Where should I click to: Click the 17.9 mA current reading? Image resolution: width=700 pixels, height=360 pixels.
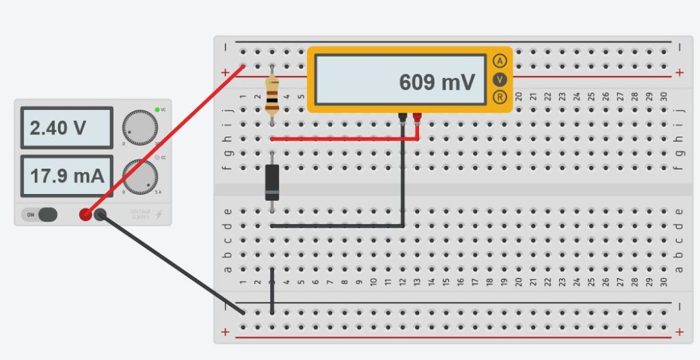point(66,176)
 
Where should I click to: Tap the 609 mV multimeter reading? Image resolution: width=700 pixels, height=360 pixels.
point(436,83)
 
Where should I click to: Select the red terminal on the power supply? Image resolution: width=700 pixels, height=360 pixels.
point(85,214)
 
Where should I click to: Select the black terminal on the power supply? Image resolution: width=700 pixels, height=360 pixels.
point(100,215)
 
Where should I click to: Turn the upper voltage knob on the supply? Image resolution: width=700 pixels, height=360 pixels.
point(140,127)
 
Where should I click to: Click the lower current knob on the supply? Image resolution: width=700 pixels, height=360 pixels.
point(140,176)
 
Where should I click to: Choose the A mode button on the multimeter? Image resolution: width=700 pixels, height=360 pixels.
point(500,61)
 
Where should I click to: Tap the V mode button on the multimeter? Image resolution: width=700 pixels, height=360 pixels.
point(500,79)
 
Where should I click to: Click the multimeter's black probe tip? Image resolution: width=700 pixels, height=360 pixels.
point(403,119)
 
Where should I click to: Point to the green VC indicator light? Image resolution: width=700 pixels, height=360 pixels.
point(157,109)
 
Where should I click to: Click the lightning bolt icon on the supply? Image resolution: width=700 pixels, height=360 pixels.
point(159,214)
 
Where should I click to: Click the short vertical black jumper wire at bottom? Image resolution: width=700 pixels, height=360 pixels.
point(272,299)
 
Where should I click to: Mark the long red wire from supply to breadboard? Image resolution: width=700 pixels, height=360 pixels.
point(164,141)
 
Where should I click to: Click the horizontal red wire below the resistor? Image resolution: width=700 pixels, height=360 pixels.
point(342,139)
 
